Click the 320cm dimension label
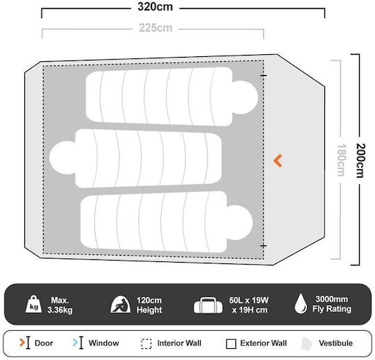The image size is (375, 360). (156, 7)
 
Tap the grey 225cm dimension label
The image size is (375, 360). (156, 28)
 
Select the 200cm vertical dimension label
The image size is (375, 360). (360, 161)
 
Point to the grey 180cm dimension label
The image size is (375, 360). (341, 160)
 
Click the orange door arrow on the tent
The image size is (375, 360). (278, 161)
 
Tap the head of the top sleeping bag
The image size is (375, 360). (245, 97)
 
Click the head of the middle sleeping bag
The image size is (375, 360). (62, 158)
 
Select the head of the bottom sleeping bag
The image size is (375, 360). (240, 222)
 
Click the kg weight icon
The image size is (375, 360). (34, 304)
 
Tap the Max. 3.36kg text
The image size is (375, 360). (60, 305)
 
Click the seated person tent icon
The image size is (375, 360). (121, 304)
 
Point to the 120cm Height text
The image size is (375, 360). (149, 305)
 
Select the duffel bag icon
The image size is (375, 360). (208, 305)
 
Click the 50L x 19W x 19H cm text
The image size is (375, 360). (249, 305)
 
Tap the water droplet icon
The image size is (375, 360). (301, 304)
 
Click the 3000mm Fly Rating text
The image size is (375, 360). (332, 304)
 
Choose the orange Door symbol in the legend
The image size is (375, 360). (25, 343)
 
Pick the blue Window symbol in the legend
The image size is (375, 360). (78, 343)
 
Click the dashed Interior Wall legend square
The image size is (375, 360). (146, 344)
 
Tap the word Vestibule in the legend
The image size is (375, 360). (335, 343)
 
